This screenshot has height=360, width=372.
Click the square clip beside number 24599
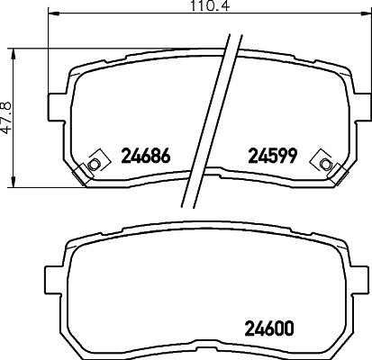tap(322, 162)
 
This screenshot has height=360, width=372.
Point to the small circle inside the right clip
tap(322, 162)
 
